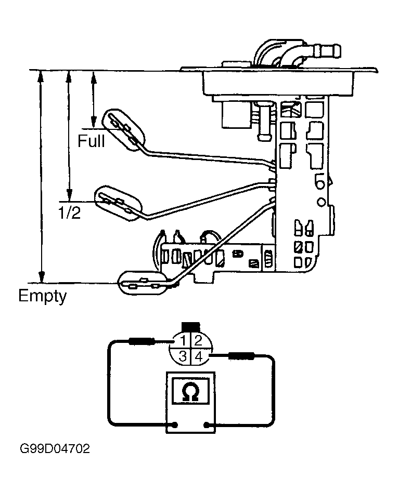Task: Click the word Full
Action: (x=91, y=141)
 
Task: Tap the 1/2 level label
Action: (x=69, y=212)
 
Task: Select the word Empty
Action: (x=43, y=296)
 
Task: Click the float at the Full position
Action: (x=124, y=129)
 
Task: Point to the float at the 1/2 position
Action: (x=119, y=204)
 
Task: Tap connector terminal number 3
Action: (x=183, y=356)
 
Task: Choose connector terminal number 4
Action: (x=198, y=356)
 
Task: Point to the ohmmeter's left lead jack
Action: (x=175, y=425)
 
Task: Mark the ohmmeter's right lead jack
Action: (x=207, y=425)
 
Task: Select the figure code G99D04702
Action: (x=55, y=448)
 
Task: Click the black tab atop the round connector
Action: (x=190, y=327)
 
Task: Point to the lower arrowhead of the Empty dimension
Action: (x=41, y=277)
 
